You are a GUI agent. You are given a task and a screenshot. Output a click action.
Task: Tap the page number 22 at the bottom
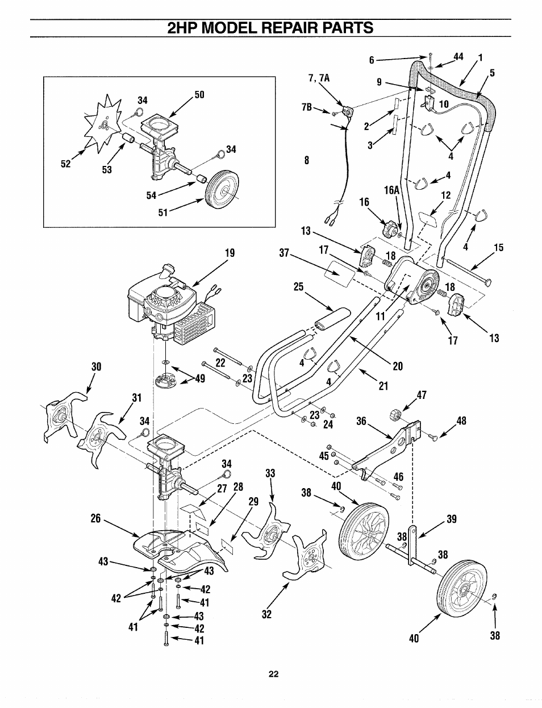coord(273,674)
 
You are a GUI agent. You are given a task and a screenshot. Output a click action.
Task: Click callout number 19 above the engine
coord(230,253)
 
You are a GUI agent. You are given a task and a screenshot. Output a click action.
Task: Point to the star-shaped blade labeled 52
coord(103,124)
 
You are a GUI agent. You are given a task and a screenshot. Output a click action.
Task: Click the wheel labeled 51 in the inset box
coord(222,191)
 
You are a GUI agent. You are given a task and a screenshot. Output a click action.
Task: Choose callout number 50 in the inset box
coord(199,94)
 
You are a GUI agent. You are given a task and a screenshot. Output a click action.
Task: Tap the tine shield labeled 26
coord(170,548)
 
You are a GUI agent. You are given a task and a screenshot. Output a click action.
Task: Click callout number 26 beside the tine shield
coord(95,518)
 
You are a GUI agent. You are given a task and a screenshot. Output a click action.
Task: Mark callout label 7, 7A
coord(319,77)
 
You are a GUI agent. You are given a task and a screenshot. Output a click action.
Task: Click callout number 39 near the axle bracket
coord(451,519)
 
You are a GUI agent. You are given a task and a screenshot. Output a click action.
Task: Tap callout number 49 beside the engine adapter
coord(199,380)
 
